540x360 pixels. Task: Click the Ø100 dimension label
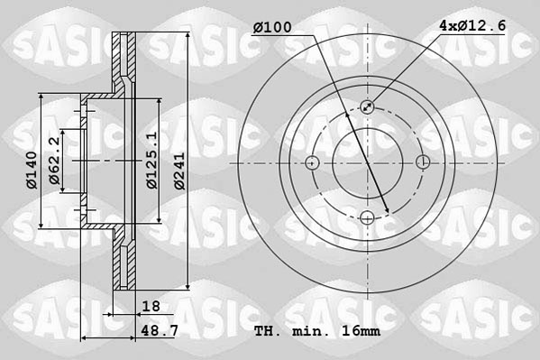click(x=271, y=28)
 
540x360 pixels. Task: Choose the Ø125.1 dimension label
click(x=151, y=161)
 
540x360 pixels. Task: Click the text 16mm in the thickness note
click(x=362, y=331)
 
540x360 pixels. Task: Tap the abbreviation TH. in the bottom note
click(x=268, y=331)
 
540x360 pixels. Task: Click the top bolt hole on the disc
click(x=368, y=106)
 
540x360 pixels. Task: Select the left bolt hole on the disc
click(x=312, y=162)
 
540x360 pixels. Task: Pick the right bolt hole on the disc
click(x=424, y=162)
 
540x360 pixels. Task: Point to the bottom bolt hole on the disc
click(x=368, y=217)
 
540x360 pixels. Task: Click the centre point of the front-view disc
click(x=368, y=162)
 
